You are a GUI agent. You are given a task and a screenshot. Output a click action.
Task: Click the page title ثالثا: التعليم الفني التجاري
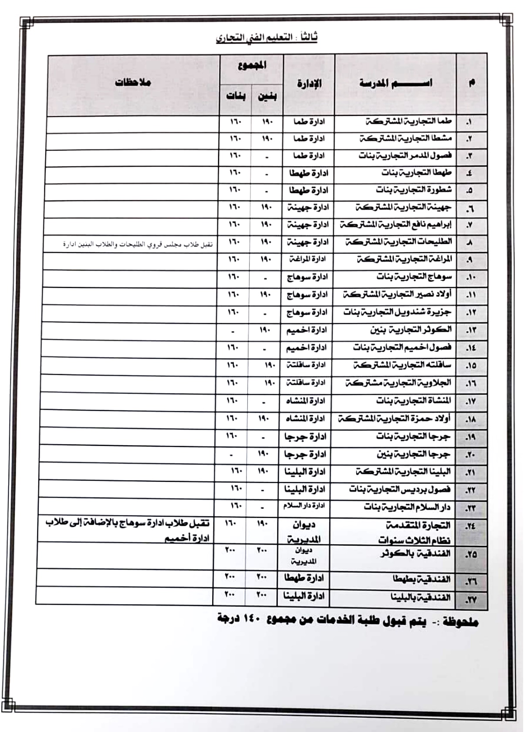pyautogui.click(x=266, y=38)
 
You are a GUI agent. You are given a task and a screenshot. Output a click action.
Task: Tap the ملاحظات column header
pyautogui.click(x=132, y=82)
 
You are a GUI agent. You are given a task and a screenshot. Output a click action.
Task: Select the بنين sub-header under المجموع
pyautogui.click(x=267, y=96)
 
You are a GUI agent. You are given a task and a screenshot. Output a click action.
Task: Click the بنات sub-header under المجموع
pyautogui.click(x=235, y=96)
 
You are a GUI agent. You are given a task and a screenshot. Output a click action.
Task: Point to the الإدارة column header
pyautogui.click(x=309, y=84)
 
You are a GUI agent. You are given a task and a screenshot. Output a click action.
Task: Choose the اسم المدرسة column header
pyautogui.click(x=395, y=83)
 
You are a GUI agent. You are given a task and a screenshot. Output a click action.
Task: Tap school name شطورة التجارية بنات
pyautogui.click(x=413, y=190)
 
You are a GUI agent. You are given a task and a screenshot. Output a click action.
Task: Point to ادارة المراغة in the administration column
pyautogui.click(x=308, y=260)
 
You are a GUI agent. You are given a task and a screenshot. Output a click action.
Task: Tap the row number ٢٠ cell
pyautogui.click(x=470, y=455)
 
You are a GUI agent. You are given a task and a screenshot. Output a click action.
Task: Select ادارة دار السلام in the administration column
pyautogui.click(x=304, y=506)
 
